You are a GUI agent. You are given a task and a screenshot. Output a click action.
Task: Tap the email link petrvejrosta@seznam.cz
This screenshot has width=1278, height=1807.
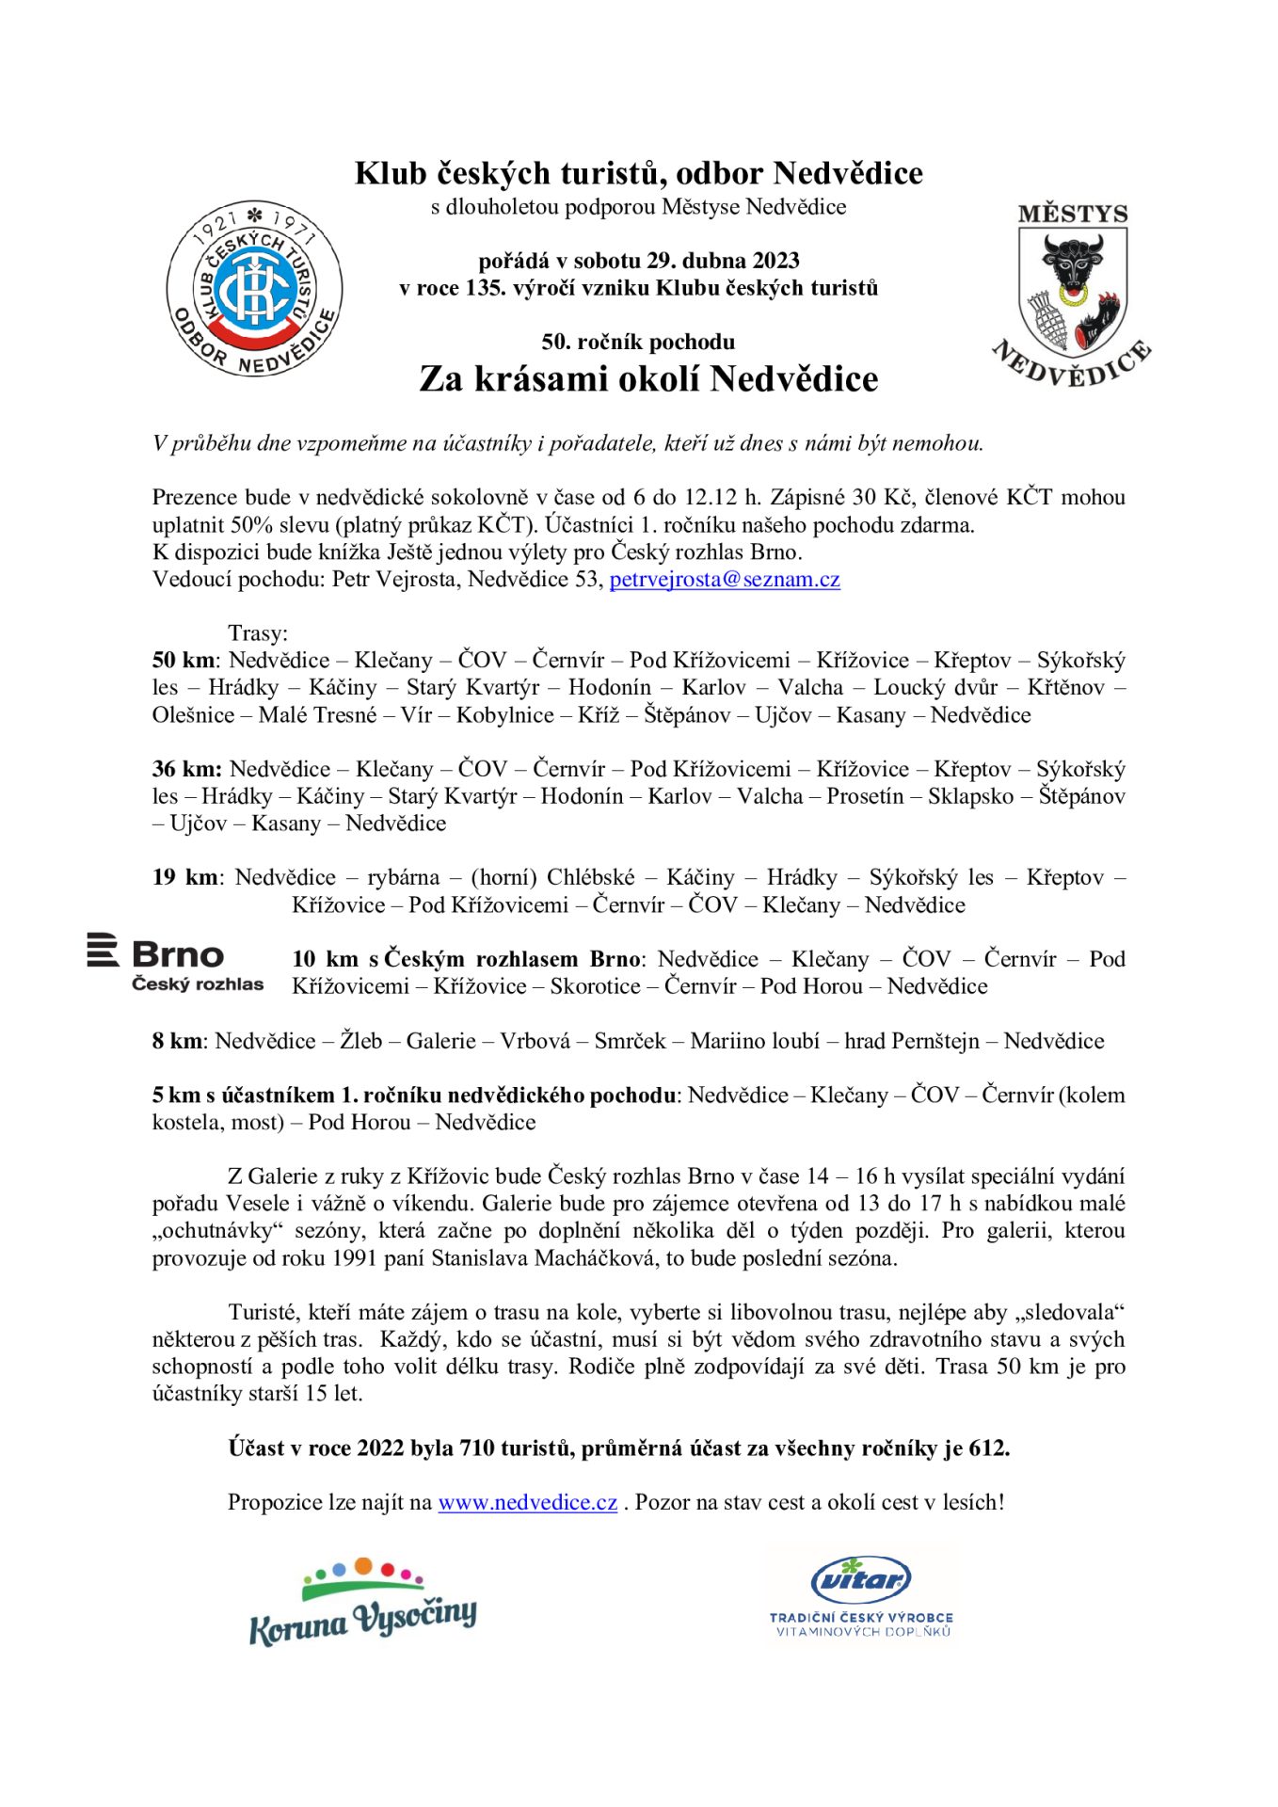pyautogui.click(x=724, y=580)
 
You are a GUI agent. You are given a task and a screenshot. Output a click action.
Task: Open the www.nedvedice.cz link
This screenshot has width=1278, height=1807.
pyautogui.click(x=527, y=1503)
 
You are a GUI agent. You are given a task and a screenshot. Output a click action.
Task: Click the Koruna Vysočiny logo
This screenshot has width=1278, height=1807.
pyautogui.click(x=362, y=1603)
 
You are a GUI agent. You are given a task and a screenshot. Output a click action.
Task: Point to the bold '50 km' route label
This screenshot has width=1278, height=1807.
pyautogui.click(x=184, y=661)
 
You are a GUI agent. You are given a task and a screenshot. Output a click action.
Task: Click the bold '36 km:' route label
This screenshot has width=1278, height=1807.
pyautogui.click(x=186, y=770)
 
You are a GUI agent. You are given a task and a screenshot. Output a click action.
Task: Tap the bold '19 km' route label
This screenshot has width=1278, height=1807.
pyautogui.click(x=185, y=878)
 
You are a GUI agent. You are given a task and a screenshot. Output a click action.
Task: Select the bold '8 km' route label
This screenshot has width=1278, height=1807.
pyautogui.click(x=177, y=1042)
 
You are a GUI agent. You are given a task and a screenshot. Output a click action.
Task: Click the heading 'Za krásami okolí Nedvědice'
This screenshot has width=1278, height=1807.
pyautogui.click(x=647, y=379)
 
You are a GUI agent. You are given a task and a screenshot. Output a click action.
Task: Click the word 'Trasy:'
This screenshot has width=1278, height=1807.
pyautogui.click(x=258, y=633)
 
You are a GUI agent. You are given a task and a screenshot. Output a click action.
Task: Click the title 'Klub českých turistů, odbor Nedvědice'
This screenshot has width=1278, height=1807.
pyautogui.click(x=638, y=174)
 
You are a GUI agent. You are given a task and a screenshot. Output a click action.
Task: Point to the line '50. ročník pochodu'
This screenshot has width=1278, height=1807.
pyautogui.click(x=638, y=343)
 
